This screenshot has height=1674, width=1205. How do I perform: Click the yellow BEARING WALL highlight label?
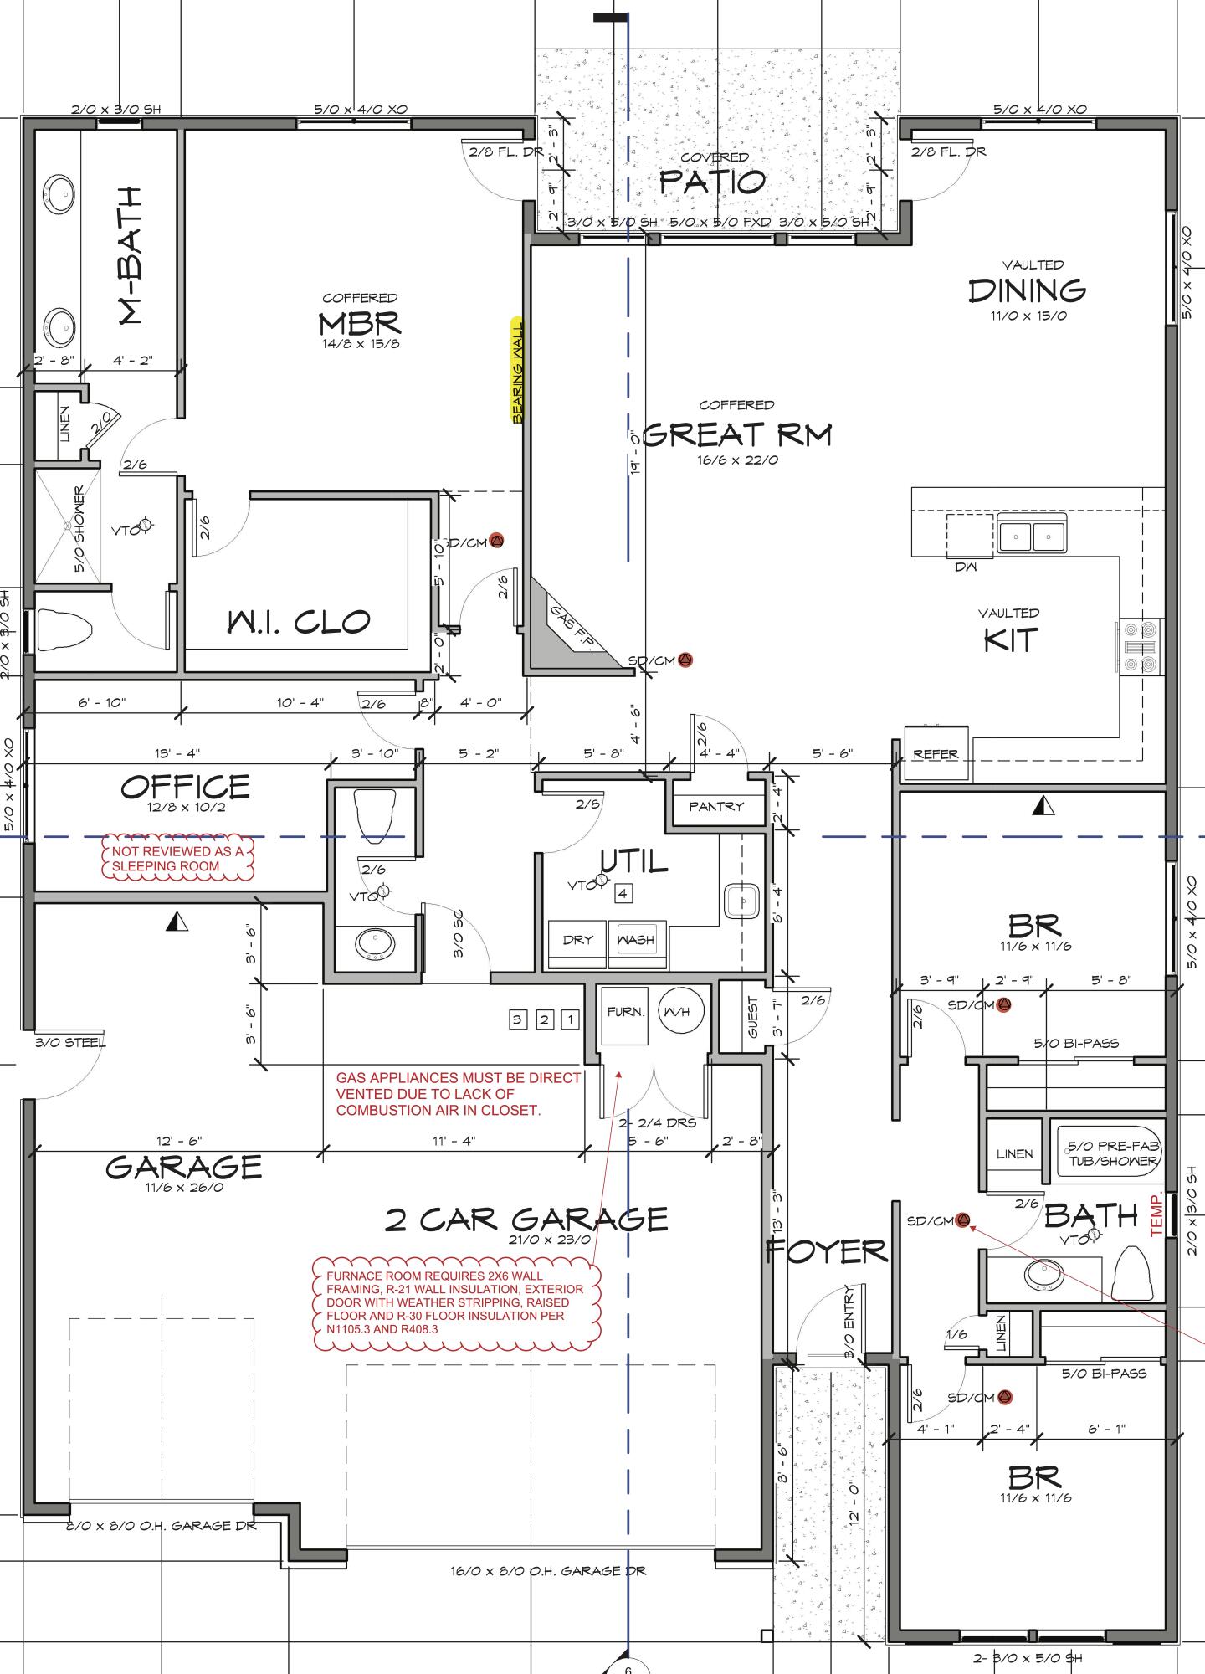pos(517,370)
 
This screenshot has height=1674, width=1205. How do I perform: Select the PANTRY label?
pos(715,806)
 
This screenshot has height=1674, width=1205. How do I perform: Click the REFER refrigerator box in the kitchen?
pos(936,754)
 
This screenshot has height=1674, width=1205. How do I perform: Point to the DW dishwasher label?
pos(967,567)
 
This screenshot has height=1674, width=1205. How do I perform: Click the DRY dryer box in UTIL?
pos(577,940)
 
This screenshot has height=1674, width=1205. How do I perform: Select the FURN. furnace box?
pos(625,1013)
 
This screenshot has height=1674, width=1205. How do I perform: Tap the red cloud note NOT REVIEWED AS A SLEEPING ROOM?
pos(177,859)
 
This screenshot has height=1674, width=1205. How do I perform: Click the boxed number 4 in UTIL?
pos(623,894)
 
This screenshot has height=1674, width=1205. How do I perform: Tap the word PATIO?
pos(712,181)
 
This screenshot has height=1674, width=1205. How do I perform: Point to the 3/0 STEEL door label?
pos(70,1043)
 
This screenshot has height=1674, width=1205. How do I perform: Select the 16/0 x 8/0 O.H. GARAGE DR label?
pos(548,1571)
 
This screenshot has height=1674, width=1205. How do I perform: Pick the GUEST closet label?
pos(752,1018)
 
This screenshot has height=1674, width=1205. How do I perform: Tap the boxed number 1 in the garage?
pos(570,1019)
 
